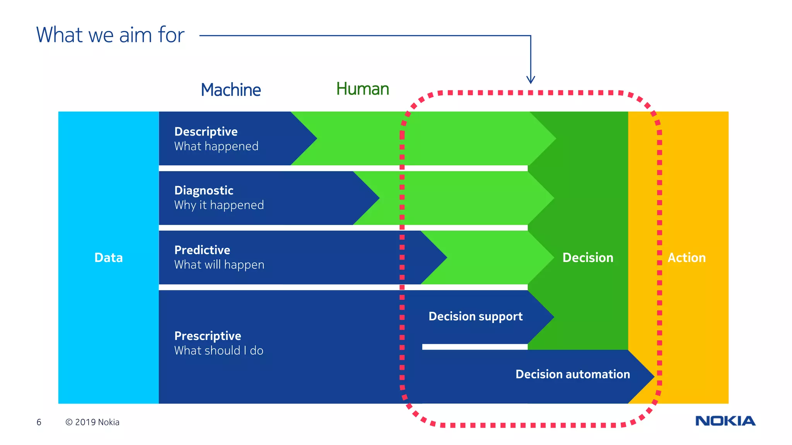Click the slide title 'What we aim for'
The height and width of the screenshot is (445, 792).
pos(110,35)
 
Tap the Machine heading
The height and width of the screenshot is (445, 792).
pos(230,90)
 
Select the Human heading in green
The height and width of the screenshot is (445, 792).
pos(362,89)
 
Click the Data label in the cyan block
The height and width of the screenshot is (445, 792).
pos(108,258)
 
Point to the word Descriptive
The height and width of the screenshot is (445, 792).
pos(206,132)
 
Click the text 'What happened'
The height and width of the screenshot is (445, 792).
pos(216,146)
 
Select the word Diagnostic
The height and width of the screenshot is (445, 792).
pos(204,190)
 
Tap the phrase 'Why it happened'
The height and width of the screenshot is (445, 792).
pos(219,205)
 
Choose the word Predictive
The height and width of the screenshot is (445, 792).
pos(202,250)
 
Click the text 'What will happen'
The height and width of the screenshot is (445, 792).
pos(219,265)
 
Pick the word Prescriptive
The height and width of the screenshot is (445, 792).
pos(208,336)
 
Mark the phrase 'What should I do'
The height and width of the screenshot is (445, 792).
pos(218,351)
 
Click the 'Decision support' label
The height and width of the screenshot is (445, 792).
pos(475,317)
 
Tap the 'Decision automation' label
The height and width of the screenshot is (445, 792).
pos(572,374)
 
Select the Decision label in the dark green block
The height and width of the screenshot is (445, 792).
pos(587,258)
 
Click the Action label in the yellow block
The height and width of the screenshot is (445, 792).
pos(686,258)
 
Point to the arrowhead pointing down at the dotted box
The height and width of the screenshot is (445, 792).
pos(531,80)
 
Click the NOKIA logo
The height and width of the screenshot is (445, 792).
pos(725,421)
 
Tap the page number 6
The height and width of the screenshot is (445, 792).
pos(39,422)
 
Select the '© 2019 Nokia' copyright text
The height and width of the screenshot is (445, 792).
pos(92,422)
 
